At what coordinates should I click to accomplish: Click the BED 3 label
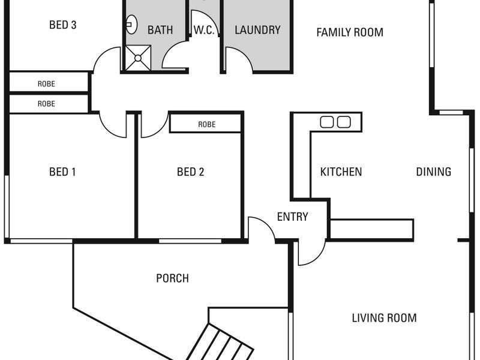(62, 25)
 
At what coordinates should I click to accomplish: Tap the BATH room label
(160, 30)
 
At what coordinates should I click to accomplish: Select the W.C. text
(204, 30)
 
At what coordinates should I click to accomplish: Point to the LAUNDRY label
(257, 30)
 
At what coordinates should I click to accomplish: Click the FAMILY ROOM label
(350, 32)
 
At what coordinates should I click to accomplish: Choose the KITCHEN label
(341, 172)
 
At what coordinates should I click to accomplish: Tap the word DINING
(433, 172)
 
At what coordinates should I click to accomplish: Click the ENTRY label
(293, 217)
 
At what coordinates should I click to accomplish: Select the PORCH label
(172, 278)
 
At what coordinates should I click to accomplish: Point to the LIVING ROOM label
(384, 318)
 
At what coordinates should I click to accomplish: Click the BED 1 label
(62, 172)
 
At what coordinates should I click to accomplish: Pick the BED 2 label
(191, 172)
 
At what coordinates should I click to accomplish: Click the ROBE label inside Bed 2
(206, 125)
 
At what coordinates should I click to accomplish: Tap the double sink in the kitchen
(335, 122)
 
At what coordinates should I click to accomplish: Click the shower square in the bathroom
(137, 58)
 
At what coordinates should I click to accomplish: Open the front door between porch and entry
(260, 229)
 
